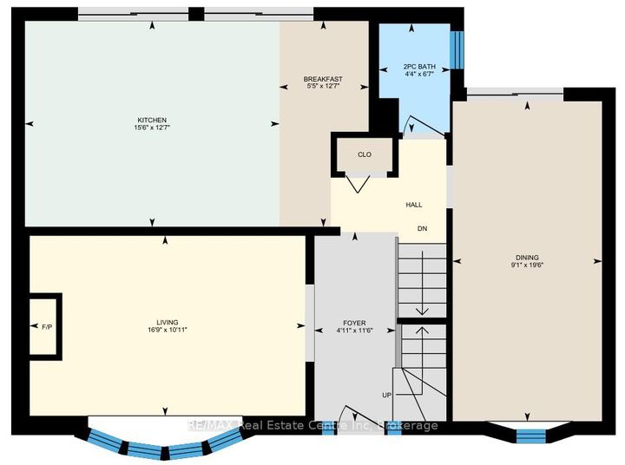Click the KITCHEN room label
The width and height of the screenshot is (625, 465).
(152, 120)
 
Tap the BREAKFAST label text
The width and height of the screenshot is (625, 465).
(323, 79)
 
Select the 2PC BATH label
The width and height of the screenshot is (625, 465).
(419, 67)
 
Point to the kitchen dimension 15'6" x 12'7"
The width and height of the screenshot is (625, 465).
(152, 128)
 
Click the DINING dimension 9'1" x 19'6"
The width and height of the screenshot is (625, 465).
(527, 265)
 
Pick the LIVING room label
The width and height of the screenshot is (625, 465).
(168, 323)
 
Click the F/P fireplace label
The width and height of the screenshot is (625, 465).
(47, 327)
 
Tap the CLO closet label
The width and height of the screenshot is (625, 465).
(365, 154)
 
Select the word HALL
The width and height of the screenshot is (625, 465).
(414, 205)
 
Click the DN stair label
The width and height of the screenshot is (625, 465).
(422, 228)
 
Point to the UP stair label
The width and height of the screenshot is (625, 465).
(386, 395)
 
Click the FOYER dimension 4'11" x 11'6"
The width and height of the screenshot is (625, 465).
(354, 330)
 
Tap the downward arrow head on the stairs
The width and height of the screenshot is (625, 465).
(422, 311)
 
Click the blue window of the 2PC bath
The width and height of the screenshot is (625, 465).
(457, 50)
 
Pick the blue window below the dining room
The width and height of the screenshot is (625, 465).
(530, 436)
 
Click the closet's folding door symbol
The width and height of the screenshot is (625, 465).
(358, 184)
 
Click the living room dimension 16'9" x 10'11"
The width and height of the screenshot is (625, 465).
(168, 330)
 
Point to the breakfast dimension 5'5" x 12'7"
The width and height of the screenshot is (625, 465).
(323, 86)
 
